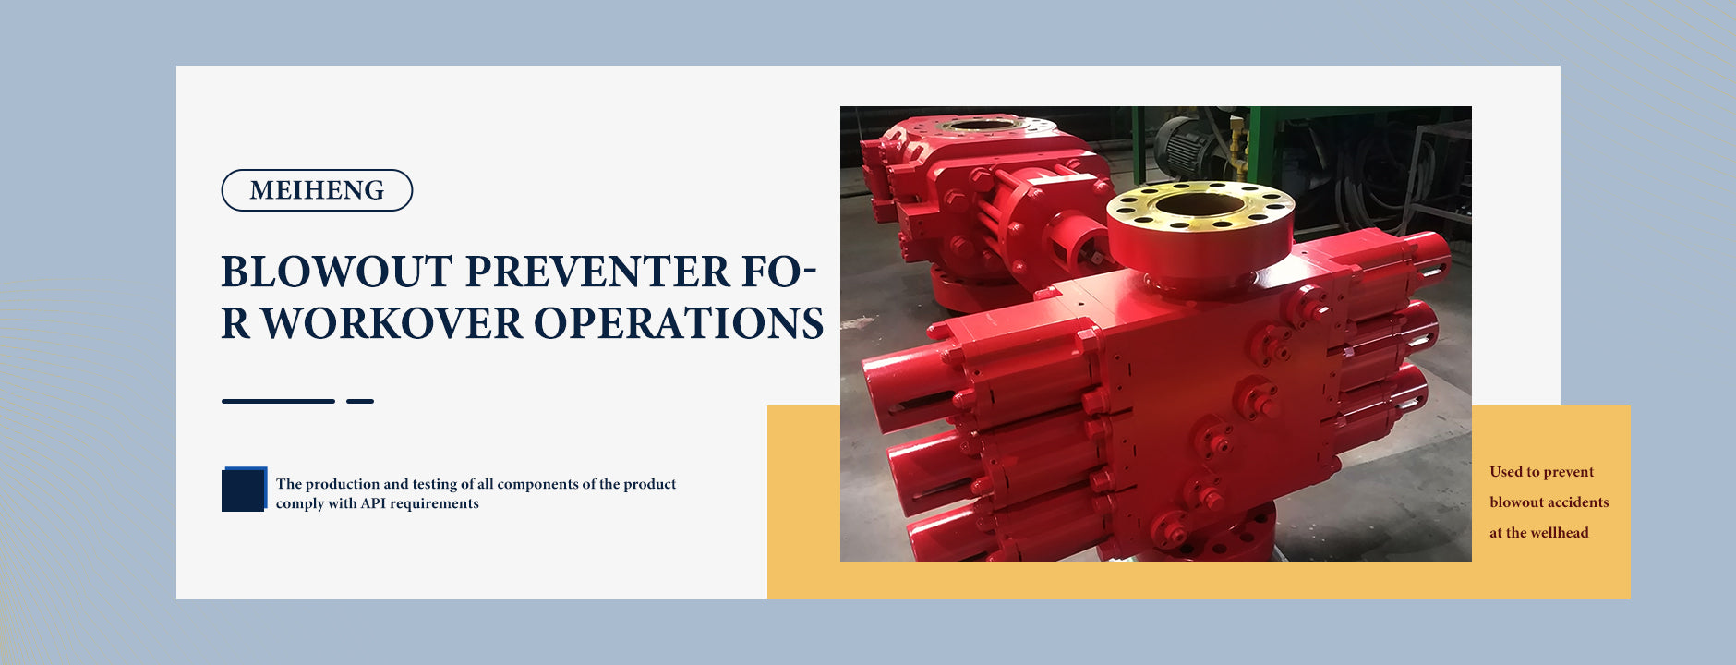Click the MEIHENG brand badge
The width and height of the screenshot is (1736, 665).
click(317, 190)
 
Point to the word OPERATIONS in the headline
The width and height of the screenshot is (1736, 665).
click(679, 323)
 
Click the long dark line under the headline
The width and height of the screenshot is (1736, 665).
click(278, 401)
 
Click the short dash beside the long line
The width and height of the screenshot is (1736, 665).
click(360, 401)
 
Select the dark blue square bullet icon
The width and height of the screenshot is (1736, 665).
click(244, 490)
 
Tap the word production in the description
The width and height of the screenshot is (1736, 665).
click(343, 484)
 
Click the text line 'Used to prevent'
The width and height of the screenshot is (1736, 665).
click(1541, 472)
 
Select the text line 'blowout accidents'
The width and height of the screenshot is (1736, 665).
click(1549, 502)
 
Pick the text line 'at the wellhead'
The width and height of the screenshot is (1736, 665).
click(1538, 533)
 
